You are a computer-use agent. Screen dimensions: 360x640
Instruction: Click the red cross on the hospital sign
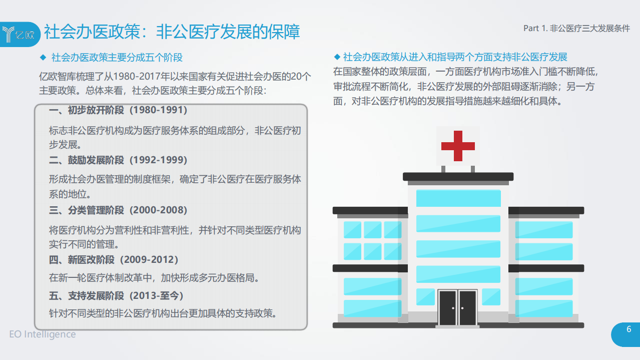pos(457,146)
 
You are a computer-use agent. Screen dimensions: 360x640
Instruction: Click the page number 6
pos(629,329)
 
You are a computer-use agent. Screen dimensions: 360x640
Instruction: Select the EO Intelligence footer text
pos(43,334)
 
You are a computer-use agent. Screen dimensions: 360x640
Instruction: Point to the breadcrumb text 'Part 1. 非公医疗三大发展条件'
pos(576,29)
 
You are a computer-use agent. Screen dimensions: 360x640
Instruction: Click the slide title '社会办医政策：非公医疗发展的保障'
pos(172,32)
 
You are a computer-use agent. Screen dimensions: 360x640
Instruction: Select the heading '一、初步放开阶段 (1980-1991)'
pos(118,110)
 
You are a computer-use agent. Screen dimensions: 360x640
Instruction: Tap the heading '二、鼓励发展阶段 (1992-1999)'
pos(118,160)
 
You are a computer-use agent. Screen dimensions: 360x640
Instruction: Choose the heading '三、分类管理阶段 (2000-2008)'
pos(118,210)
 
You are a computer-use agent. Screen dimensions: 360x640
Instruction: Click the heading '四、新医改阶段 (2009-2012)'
pos(114,260)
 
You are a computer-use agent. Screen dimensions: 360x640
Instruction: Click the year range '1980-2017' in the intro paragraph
pos(135,77)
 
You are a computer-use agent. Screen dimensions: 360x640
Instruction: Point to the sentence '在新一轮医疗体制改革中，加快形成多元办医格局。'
pos(154,277)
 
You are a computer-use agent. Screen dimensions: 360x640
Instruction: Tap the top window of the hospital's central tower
pos(458,198)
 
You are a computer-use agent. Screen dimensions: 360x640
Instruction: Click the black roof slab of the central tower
pos(458,176)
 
